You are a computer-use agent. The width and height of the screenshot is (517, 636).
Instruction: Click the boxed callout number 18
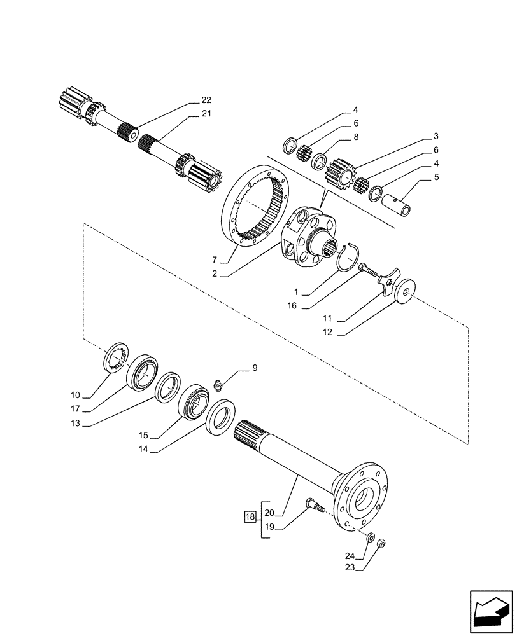250,516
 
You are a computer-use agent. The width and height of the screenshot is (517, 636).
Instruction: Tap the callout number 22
206,100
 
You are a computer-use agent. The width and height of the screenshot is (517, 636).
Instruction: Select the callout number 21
206,114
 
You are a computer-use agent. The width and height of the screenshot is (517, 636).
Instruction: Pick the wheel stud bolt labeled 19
316,506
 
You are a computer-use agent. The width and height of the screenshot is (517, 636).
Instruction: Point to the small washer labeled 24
371,537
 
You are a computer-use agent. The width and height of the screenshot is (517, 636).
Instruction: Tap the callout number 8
356,137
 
